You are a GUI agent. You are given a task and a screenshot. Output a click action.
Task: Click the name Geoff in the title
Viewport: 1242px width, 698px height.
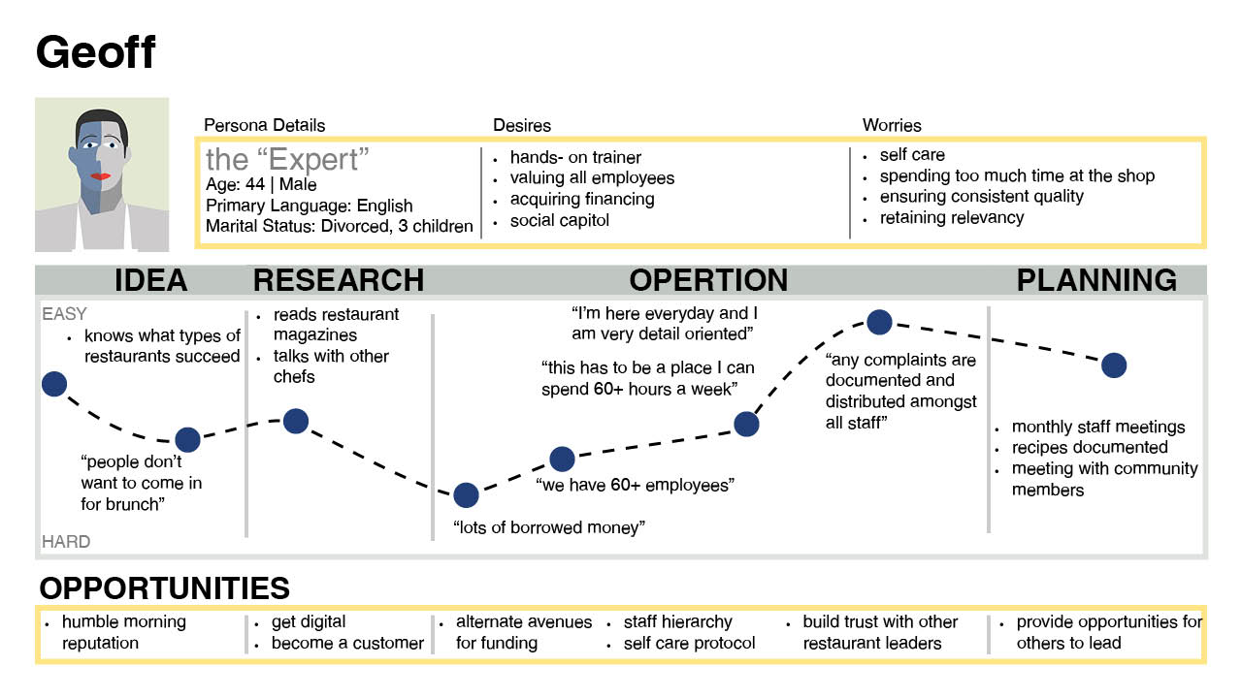coord(95,52)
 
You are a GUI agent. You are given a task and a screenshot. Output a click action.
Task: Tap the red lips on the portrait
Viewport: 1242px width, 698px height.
coord(100,175)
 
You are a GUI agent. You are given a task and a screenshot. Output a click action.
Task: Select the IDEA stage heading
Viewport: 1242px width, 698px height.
coord(150,280)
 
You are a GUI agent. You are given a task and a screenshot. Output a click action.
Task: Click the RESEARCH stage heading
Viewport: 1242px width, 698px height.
coord(339,280)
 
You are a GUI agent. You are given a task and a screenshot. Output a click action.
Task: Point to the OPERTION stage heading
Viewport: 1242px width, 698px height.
coord(708,280)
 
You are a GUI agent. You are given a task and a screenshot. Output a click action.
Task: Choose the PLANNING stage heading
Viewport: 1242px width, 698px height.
coord(1096,280)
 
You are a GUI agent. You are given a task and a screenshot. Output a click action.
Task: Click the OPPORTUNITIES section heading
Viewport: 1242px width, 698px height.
coord(164,588)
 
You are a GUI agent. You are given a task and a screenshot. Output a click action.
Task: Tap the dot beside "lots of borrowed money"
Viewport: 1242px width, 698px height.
coord(466,495)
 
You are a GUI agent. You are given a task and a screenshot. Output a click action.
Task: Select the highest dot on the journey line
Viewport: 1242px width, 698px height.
coord(879,322)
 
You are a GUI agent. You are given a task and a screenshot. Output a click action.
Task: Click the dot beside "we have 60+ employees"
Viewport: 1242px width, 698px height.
coord(562,460)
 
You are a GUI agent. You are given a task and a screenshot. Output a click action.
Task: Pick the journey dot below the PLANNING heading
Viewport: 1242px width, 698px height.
coord(1114,365)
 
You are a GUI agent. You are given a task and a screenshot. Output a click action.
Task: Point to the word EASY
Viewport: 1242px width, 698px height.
coord(64,314)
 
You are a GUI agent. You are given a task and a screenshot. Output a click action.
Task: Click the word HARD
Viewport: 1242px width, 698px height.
coord(66,542)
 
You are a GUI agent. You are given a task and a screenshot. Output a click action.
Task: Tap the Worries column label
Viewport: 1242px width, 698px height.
coord(892,125)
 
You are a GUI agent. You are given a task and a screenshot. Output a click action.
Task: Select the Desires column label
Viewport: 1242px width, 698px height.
coord(522,125)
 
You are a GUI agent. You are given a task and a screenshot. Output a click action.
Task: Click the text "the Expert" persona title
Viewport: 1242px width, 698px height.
coord(288,159)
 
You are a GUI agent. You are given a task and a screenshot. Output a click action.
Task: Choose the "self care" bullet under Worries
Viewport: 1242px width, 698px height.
coord(912,155)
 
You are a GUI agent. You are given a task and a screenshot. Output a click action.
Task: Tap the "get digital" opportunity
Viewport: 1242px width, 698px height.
coord(309,621)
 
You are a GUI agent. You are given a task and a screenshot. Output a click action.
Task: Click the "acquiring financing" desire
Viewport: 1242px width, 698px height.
coord(582,199)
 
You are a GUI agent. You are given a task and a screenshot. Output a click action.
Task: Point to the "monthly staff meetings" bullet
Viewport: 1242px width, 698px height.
coord(1098,427)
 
